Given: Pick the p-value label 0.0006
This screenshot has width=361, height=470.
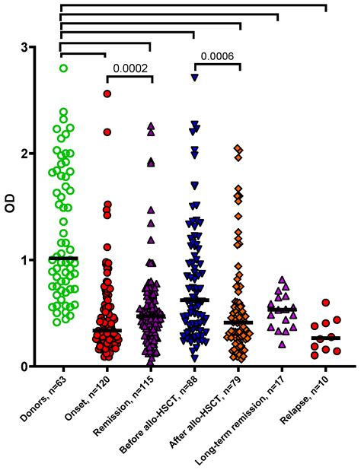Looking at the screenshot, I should (x=216, y=56).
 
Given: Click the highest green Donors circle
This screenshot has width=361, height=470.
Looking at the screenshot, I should (x=63, y=68).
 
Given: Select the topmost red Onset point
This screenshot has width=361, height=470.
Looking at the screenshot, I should (x=107, y=94).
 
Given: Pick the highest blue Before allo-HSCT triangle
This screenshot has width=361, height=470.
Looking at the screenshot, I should (x=195, y=78).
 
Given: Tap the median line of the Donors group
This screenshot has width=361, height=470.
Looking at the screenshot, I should (x=63, y=259).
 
